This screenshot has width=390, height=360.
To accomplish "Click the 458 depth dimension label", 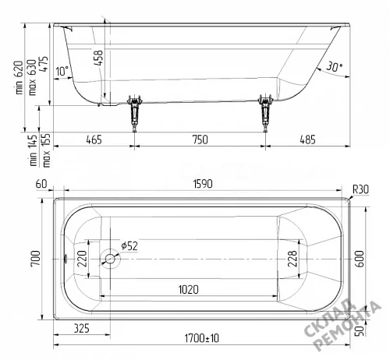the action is (x=99, y=58).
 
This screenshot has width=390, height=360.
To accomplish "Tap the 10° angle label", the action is (x=62, y=71).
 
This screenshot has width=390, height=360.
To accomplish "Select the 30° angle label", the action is (x=334, y=66).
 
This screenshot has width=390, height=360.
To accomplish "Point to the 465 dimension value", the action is (x=94, y=139).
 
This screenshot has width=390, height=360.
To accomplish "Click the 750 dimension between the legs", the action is (x=200, y=139).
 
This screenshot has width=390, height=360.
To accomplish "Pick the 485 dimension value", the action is (x=307, y=139).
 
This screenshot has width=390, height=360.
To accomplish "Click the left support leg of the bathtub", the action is (x=135, y=114).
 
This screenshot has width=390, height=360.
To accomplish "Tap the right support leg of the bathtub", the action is (x=265, y=114).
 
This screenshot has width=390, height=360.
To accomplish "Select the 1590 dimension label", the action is (x=203, y=184).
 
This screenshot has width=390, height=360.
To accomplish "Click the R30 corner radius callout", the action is (x=360, y=189).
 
